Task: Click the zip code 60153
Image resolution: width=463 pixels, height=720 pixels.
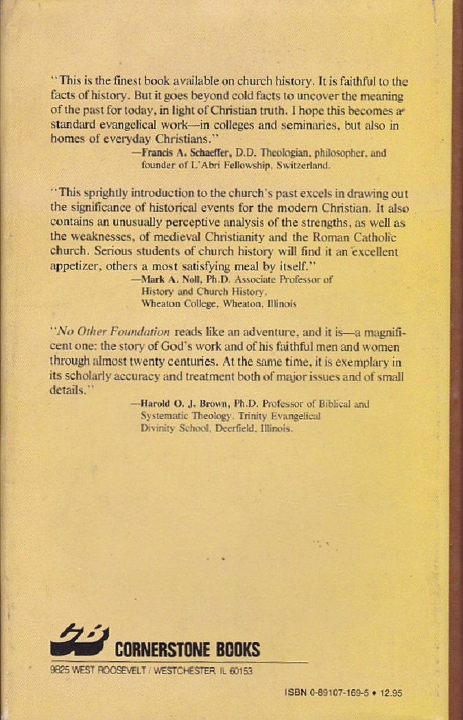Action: pyautogui.click(x=239, y=671)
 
